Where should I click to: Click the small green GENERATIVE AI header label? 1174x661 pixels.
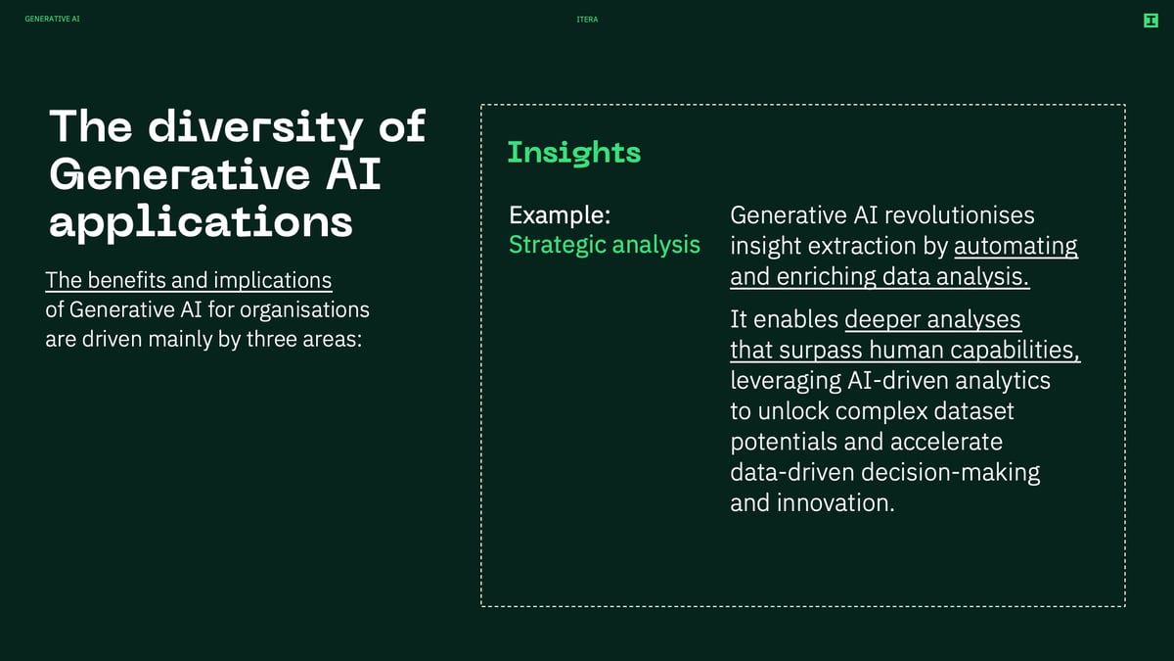pos(53,19)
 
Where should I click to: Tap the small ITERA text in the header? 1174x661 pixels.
pos(587,20)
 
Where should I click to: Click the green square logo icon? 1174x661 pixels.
pos(1151,21)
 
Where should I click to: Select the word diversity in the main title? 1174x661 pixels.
pos(255,127)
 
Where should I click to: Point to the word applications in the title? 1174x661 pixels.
pos(201,223)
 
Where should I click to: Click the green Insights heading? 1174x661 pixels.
pos(574,153)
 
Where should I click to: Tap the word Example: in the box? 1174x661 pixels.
pos(560,215)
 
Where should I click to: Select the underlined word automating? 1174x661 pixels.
pos(1016,247)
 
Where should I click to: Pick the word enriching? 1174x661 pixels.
pos(826,277)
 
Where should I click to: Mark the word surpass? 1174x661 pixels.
pos(820,351)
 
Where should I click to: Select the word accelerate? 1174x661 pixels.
pos(946,442)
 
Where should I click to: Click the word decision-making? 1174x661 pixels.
pos(951,473)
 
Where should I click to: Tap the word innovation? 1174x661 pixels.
pos(835,502)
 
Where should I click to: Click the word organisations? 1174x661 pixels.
pos(304,310)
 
